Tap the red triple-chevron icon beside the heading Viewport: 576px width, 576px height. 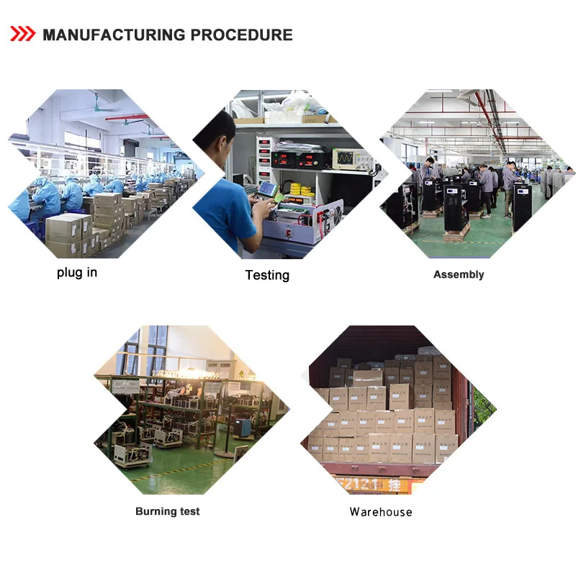(22, 34)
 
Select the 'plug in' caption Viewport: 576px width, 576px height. (77, 273)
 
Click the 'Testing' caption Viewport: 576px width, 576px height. (267, 275)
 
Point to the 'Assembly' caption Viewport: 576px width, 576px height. (459, 274)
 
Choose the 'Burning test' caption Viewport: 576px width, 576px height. (168, 511)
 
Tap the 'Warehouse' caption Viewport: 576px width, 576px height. (381, 512)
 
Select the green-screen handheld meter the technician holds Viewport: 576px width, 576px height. (268, 189)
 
